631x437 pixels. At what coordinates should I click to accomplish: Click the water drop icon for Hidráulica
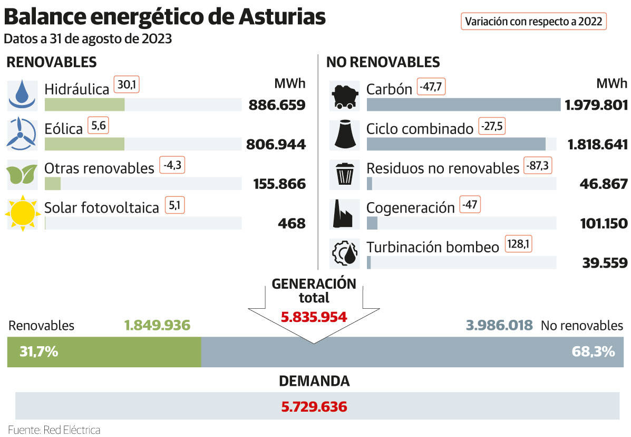coord(22,94)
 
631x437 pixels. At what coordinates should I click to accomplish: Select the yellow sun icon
coord(22,213)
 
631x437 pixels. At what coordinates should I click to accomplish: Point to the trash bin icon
coord(345,174)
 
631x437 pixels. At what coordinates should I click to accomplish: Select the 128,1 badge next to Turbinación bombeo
coord(519,244)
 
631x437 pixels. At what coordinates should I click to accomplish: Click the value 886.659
coord(277,105)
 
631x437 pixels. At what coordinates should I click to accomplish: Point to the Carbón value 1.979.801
coord(596,105)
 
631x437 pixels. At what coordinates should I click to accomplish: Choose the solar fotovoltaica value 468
coord(292,224)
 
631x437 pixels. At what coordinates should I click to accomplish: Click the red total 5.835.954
coord(314,317)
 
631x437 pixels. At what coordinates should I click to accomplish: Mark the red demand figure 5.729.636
coord(314,407)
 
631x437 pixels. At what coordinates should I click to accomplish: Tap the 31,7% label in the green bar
coord(38,351)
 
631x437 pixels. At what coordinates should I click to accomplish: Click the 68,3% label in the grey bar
coord(593,351)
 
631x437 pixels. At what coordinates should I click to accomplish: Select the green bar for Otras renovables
coord(53,184)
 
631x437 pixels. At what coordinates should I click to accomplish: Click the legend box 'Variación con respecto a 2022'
coord(534,22)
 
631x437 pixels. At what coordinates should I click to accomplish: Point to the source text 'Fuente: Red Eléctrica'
coord(54,430)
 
